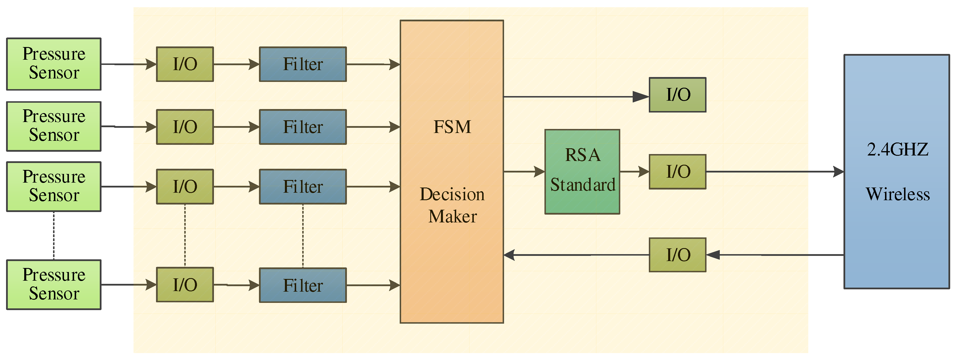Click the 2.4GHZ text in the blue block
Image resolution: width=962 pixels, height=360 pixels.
click(x=897, y=150)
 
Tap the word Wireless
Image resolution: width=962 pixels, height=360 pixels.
click(x=897, y=194)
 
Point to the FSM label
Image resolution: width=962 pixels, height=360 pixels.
click(x=452, y=127)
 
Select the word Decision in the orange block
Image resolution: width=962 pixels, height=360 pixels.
click(x=452, y=194)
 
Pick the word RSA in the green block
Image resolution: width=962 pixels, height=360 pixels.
click(x=583, y=155)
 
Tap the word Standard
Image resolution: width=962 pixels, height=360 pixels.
click(x=583, y=185)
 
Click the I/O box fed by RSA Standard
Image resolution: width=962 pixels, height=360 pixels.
click(x=677, y=172)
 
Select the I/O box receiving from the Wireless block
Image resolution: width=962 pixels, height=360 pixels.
click(x=677, y=255)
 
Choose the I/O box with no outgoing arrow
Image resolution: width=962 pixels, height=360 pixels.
click(x=677, y=95)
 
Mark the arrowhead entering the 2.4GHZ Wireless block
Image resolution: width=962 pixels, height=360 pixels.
click(x=838, y=172)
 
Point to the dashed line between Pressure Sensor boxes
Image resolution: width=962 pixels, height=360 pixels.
click(x=54, y=236)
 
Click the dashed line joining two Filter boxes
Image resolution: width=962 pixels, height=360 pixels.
click(x=303, y=236)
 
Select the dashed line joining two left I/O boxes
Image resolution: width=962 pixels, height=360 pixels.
click(x=185, y=236)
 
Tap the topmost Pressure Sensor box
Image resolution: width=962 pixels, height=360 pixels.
click(x=54, y=64)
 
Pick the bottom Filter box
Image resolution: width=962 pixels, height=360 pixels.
click(x=303, y=285)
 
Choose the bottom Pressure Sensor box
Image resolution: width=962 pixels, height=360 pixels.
click(x=54, y=284)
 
